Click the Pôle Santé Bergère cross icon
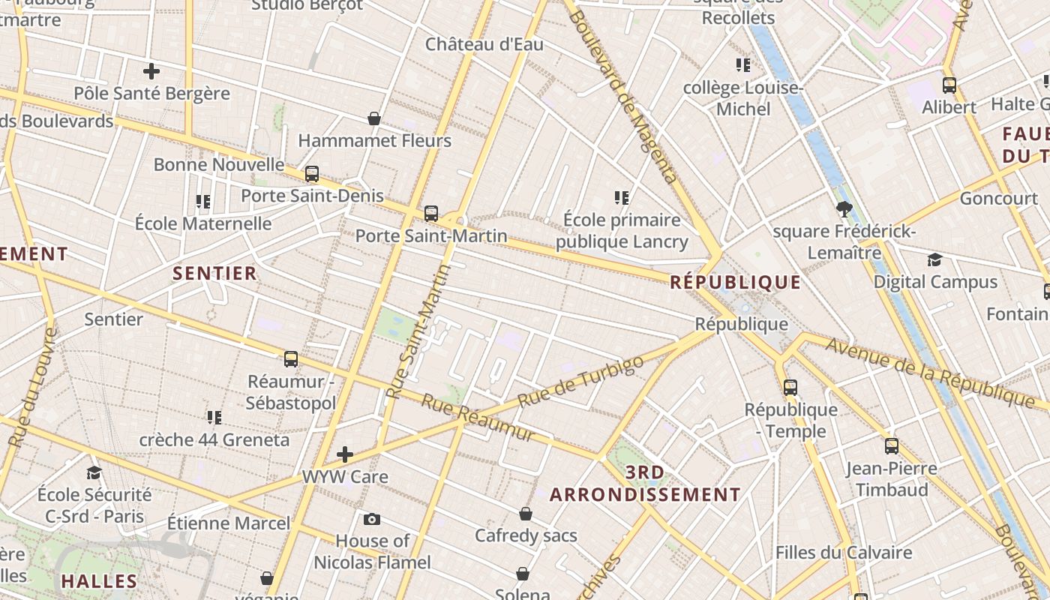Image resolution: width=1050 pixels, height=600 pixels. click(151, 71)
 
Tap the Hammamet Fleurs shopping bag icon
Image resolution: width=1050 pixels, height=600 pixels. click(374, 118)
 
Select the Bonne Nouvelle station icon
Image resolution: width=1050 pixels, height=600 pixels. click(312, 174)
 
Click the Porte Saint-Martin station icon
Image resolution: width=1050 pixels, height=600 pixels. click(431, 213)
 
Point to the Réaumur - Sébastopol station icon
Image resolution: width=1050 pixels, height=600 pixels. click(291, 359)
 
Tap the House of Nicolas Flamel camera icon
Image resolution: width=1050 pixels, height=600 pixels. click(371, 519)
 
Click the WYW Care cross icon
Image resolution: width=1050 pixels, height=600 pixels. click(345, 454)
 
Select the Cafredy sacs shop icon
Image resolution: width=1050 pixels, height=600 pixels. click(526, 514)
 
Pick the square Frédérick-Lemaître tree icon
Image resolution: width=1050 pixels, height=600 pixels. click(844, 209)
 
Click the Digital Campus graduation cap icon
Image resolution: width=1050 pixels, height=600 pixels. click(934, 259)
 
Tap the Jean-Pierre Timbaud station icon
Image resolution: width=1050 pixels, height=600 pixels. click(892, 446)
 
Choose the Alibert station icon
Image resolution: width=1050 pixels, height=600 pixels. click(949, 85)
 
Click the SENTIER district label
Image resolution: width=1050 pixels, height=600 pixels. click(215, 273)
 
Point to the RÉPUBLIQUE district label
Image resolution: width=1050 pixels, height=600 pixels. click(735, 283)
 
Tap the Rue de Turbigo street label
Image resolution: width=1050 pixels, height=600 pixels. click(580, 382)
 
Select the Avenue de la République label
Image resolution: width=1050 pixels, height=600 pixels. click(930, 373)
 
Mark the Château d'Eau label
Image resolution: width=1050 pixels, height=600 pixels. click(484, 44)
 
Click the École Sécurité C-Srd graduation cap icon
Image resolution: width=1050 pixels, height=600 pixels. click(94, 472)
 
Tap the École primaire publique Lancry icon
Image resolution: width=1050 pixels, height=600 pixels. click(622, 198)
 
